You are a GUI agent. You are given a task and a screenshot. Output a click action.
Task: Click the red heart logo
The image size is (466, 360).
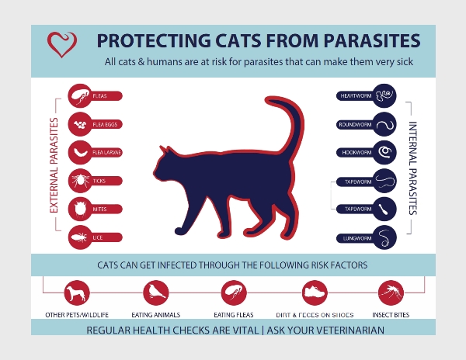[62, 44]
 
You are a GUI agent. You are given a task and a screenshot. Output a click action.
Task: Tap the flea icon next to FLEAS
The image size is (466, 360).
[80, 96]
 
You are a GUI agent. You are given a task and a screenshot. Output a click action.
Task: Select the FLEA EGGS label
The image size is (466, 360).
[105, 124]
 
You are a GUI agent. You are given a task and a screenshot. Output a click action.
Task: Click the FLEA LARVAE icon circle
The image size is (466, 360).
[80, 153]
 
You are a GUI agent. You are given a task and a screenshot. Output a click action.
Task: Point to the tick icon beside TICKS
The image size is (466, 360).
[80, 181]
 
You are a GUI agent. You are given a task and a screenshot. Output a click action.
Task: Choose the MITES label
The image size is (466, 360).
[99, 209]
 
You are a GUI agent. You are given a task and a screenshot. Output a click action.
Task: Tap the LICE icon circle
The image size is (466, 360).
[80, 237]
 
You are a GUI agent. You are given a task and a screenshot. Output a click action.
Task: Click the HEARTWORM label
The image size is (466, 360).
[356, 96]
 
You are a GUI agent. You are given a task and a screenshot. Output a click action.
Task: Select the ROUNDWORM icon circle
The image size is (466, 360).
[384, 124]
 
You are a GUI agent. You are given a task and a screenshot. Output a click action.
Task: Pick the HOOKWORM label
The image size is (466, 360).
[356, 153]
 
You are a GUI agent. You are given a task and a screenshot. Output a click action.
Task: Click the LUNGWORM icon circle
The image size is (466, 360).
[384, 237]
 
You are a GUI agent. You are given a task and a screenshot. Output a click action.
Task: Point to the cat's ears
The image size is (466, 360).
[165, 150]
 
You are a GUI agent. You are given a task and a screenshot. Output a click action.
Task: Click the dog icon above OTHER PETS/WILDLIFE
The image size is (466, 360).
[77, 292]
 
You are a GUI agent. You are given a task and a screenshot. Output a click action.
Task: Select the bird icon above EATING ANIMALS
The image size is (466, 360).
[156, 292]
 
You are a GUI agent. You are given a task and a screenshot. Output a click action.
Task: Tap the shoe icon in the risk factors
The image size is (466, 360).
[315, 292]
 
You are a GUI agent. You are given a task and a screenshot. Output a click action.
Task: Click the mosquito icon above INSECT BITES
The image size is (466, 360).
[391, 292]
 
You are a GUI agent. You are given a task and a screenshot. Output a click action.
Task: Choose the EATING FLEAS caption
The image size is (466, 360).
[234, 315]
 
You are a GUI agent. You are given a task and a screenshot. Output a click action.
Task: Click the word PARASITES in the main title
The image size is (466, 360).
[372, 40]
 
